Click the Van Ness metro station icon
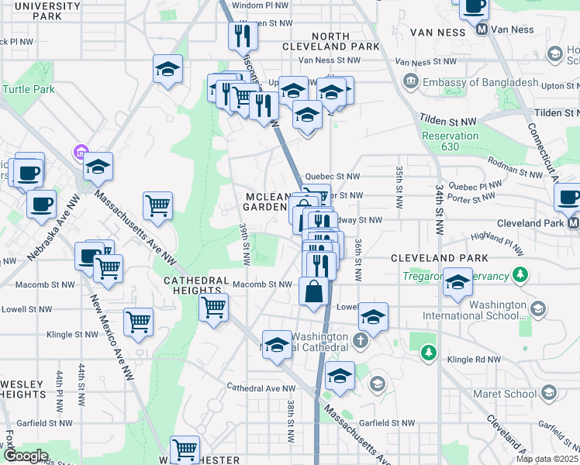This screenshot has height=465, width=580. click(482, 29)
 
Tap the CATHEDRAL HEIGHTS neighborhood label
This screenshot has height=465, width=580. click(195, 287)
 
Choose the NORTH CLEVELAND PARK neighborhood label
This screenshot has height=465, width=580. click(346, 41)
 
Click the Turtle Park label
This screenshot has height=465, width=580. click(28, 89)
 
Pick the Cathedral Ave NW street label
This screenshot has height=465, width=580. click(261, 387)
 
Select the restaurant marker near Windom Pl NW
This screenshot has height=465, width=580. click(242, 36)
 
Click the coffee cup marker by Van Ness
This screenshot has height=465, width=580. click(474, 6)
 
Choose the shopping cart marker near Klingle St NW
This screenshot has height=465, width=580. click(138, 322)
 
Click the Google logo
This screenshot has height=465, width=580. click(26, 456)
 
